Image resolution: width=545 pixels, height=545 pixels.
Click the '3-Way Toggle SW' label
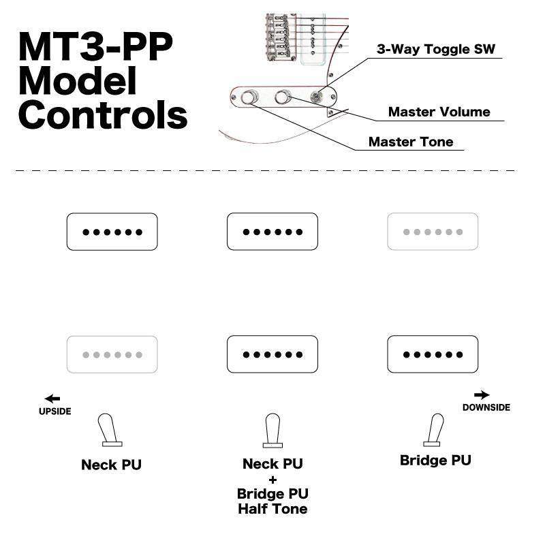pos(436,49)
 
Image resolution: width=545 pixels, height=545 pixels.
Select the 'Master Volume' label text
pos(439,112)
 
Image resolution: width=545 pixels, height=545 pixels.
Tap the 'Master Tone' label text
pos(410,142)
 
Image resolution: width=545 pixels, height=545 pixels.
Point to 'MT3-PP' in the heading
pos(95,48)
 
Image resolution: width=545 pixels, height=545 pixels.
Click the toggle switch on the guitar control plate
pos(317,97)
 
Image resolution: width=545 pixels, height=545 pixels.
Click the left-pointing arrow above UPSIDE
pos(52,399)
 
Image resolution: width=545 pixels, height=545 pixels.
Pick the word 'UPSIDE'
pos(54,411)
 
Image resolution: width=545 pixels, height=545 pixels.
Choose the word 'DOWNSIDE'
pos(486,407)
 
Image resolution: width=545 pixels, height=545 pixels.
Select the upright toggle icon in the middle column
pos(272,431)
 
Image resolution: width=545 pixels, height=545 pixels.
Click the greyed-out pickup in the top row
pos(433,232)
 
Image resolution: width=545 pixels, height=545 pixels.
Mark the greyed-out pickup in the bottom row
pos(112,354)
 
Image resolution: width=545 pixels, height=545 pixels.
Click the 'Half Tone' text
pos(272,509)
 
